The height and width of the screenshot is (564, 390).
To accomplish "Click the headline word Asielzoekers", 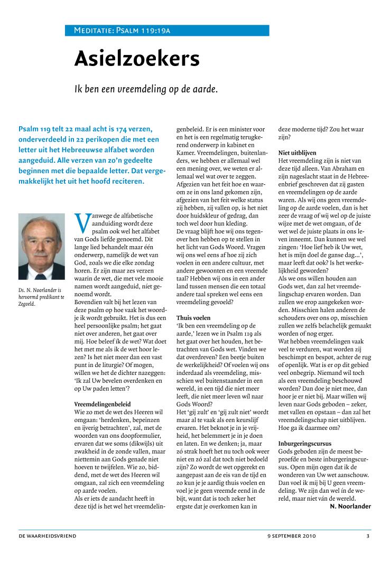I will click(136, 59).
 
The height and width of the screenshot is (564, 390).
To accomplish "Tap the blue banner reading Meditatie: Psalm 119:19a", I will click(167, 31).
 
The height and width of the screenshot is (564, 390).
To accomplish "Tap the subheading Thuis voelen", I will click(193, 318).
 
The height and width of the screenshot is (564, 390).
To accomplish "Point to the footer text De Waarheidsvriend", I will click(48, 536).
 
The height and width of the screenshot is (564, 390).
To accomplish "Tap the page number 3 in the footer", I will click(368, 536).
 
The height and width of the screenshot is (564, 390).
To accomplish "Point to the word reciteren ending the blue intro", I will click(125, 181).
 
